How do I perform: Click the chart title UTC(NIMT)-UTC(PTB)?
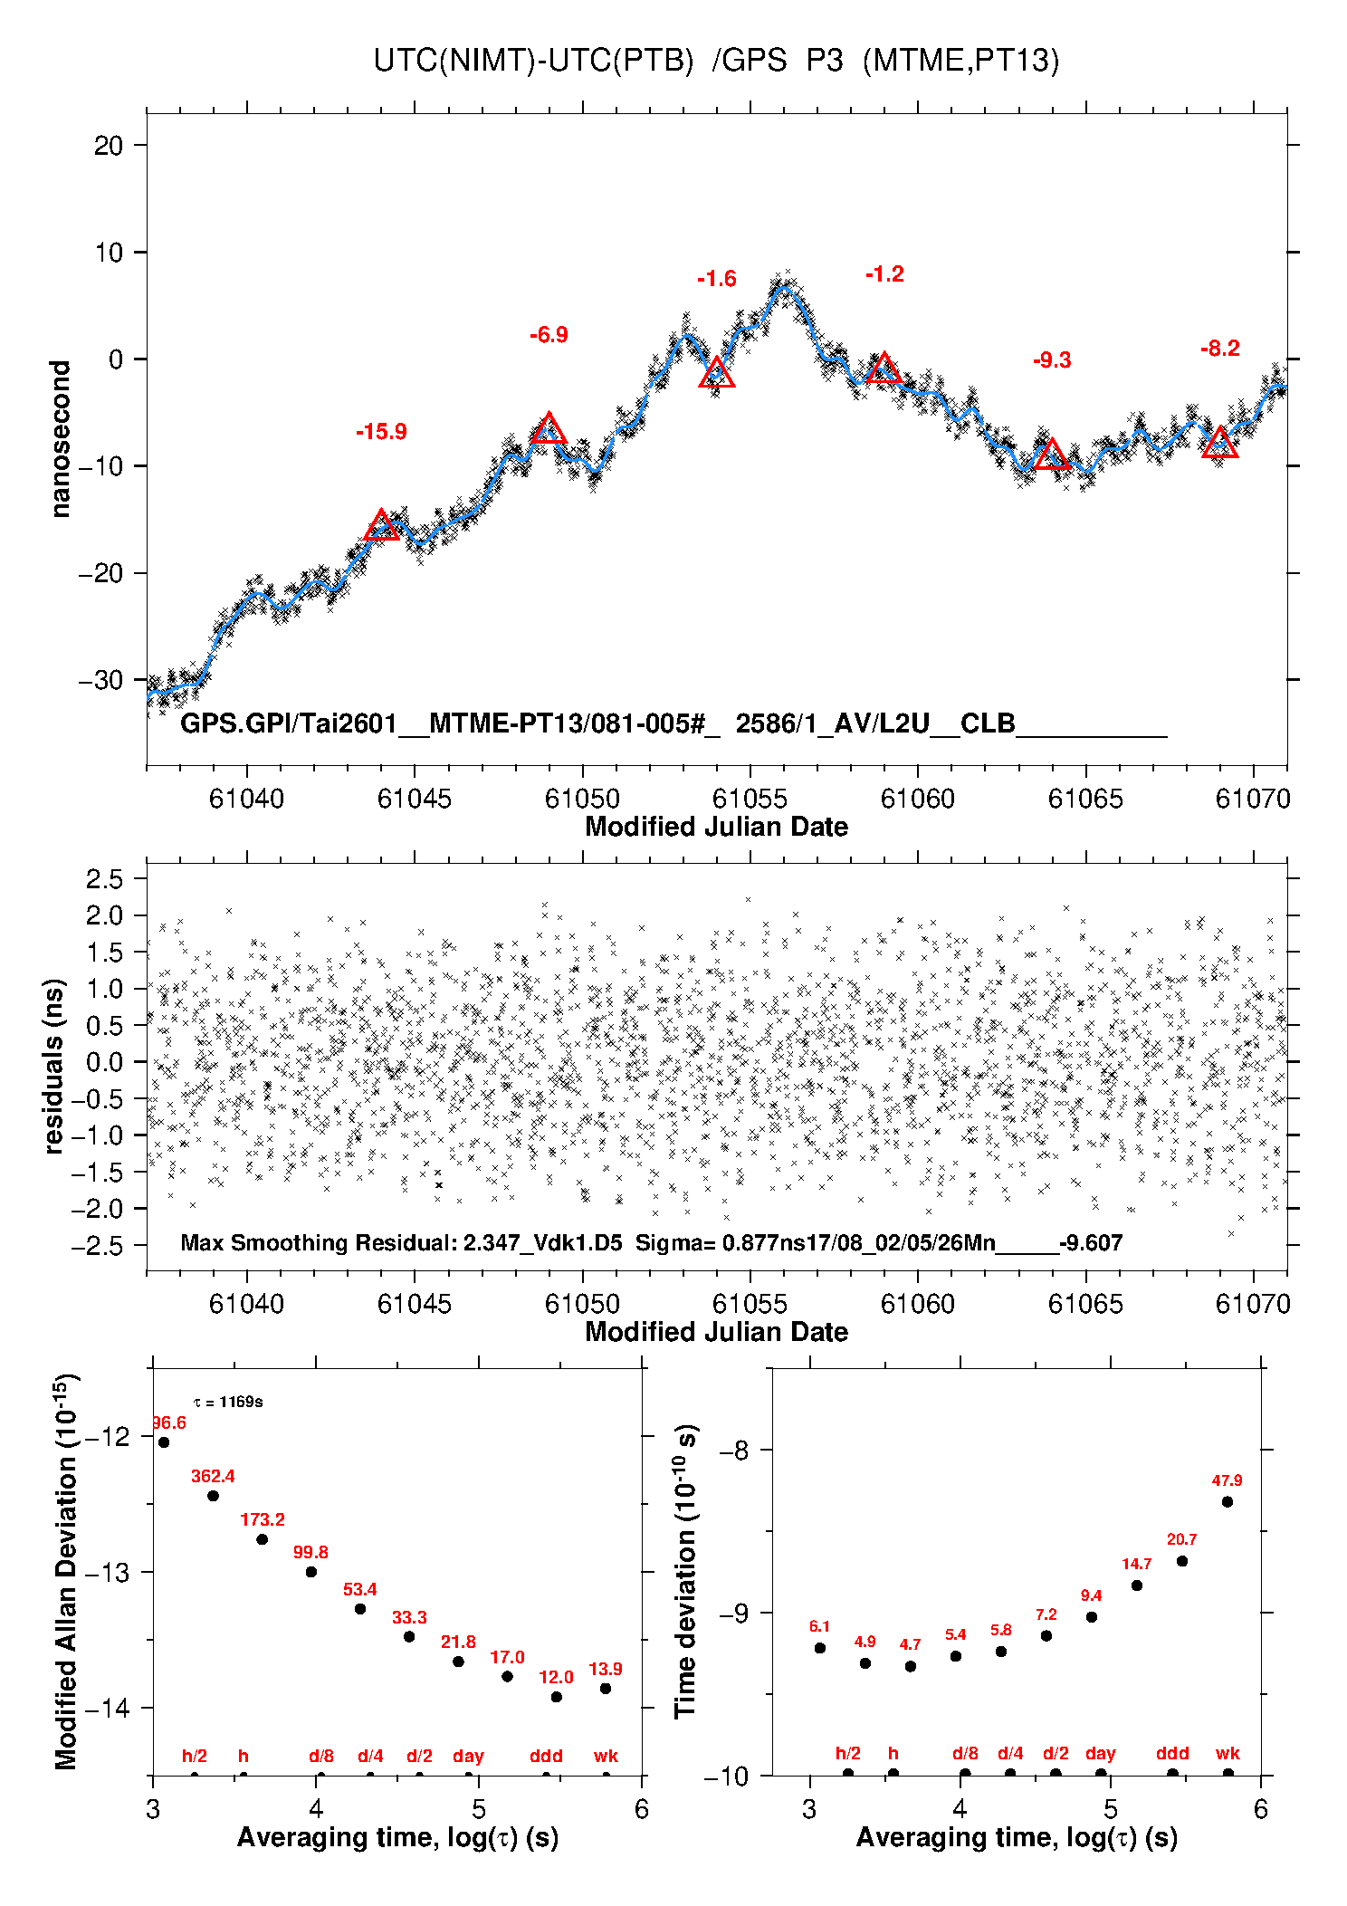(533, 61)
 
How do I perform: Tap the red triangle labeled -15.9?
(381, 526)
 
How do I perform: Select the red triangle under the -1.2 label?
(884, 369)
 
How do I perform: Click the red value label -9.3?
(1052, 360)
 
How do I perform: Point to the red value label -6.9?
(549, 335)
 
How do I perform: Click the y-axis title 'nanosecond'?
(60, 439)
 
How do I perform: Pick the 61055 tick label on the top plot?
(750, 799)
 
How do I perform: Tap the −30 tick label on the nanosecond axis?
(100, 680)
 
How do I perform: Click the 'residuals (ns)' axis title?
(54, 1066)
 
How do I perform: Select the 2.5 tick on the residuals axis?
(104, 878)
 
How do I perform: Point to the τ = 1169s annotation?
(228, 1403)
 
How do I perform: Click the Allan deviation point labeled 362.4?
(213, 1496)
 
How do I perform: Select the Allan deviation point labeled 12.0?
(556, 1697)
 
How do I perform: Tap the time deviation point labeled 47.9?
(1227, 1502)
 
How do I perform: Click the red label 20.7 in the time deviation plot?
(1181, 1539)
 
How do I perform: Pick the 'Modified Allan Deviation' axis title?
(66, 1571)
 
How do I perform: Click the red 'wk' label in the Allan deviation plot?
(606, 1756)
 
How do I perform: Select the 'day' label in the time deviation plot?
(1100, 1754)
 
